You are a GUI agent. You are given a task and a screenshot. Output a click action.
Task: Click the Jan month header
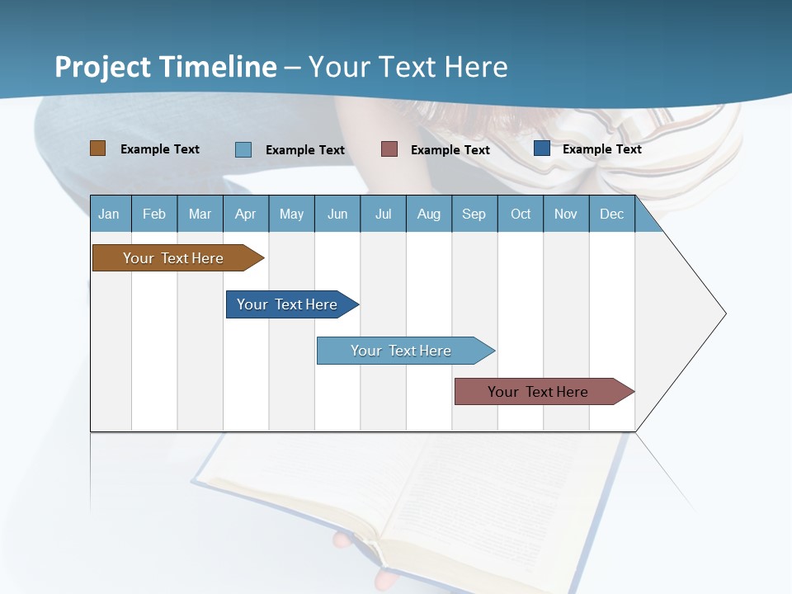[x=109, y=214]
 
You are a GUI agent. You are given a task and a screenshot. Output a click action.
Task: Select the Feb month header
[x=154, y=214]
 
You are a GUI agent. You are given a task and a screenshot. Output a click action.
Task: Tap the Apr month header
[x=245, y=214]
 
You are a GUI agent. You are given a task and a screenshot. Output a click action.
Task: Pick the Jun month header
[x=337, y=214]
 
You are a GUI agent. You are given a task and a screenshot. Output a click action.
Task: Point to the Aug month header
[x=428, y=214]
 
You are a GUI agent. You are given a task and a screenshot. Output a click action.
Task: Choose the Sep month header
[x=474, y=214]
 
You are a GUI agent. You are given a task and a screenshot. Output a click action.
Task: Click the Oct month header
[x=521, y=214]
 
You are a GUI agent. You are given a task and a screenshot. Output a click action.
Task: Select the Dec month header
[x=611, y=214]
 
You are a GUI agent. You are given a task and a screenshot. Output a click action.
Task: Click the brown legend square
[x=97, y=148]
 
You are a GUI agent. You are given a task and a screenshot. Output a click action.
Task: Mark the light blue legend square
[x=243, y=149]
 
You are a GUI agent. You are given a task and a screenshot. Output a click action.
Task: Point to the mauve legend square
[x=389, y=149]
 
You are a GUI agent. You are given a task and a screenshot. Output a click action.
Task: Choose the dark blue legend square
[x=541, y=148]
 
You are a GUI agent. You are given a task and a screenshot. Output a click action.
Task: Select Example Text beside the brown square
[x=160, y=149]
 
